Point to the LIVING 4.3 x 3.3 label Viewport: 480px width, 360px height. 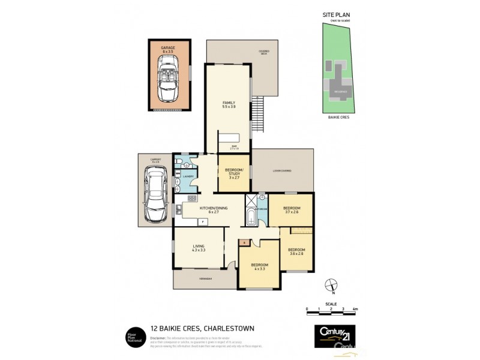[199, 248]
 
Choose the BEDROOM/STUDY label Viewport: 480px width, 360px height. [233, 172]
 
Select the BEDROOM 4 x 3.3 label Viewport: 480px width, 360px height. [259, 266]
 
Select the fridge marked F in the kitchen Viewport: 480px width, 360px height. [203, 222]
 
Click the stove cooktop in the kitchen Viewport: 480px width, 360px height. [191, 198]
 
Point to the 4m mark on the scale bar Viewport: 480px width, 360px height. [355, 309]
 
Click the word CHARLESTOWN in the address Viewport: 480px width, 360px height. [232, 328]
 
